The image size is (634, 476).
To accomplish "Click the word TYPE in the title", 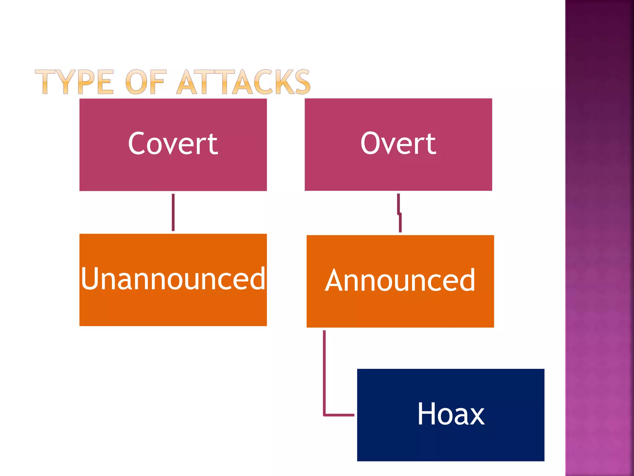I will click(74, 82).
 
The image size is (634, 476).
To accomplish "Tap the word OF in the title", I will click(145, 82).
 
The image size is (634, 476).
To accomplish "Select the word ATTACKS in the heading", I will click(243, 82).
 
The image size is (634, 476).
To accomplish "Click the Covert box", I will click(173, 174).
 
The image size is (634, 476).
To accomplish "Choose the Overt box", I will click(398, 174).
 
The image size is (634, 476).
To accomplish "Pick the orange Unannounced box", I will click(173, 310).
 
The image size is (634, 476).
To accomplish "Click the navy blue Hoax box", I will click(451, 443).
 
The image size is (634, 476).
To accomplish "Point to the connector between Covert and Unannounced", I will click(173, 212).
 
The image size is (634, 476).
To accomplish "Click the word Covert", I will click(173, 143).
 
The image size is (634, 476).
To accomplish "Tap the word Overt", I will click(398, 143).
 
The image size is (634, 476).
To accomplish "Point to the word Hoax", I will click(451, 414).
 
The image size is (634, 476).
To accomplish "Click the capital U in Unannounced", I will click(91, 279).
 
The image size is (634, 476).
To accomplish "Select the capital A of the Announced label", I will click(337, 280).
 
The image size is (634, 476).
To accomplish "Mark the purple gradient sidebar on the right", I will click(599, 238).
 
